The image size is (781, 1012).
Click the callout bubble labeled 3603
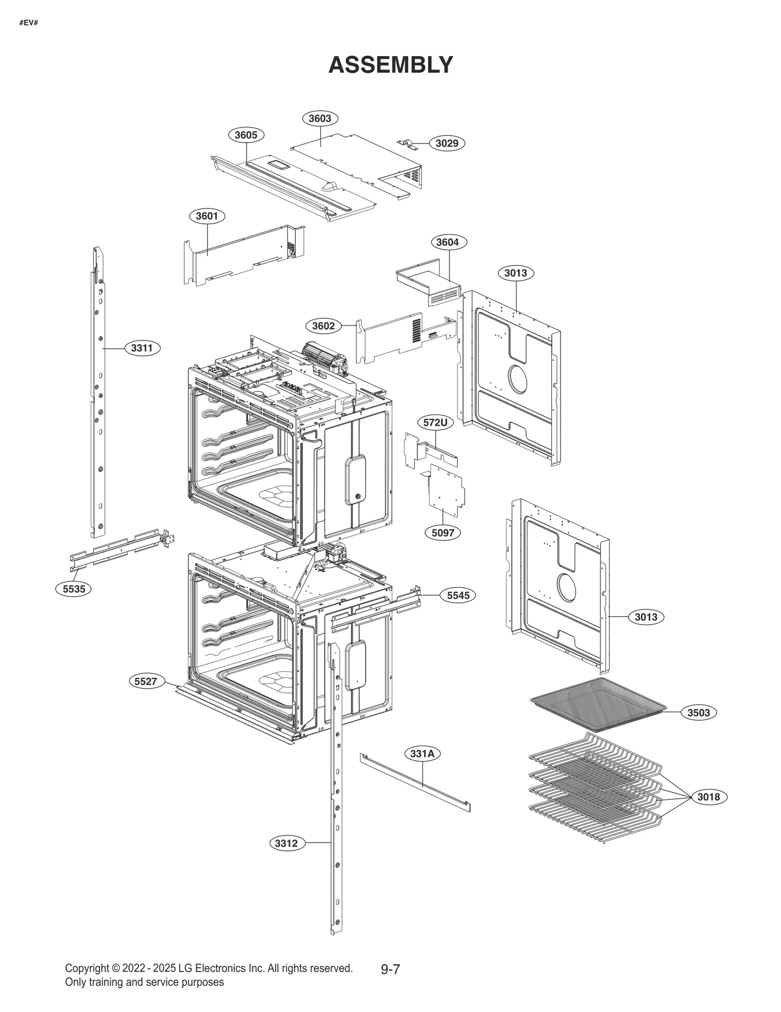[x=320, y=118]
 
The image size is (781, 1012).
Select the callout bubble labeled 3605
[x=246, y=135]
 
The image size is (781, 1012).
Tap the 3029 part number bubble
[x=447, y=143]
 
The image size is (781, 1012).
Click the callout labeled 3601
[x=207, y=216]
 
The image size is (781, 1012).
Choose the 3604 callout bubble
[x=448, y=242]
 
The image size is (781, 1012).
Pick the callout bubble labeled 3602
[x=323, y=326]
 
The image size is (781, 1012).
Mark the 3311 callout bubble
[x=142, y=348]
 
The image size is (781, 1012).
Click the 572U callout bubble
[x=435, y=423]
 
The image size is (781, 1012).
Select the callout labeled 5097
[x=443, y=533]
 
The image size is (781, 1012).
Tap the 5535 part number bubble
[x=74, y=589]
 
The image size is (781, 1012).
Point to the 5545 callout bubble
[x=458, y=595]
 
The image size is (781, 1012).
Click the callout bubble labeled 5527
[x=146, y=681]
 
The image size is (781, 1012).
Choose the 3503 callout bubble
[x=699, y=712]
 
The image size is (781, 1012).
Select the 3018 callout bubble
[x=708, y=797]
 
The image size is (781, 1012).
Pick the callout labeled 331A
[x=422, y=754]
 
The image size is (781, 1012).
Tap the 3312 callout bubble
[x=287, y=843]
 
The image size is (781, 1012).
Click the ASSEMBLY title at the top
[x=390, y=65]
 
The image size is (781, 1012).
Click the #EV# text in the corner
[x=29, y=23]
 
